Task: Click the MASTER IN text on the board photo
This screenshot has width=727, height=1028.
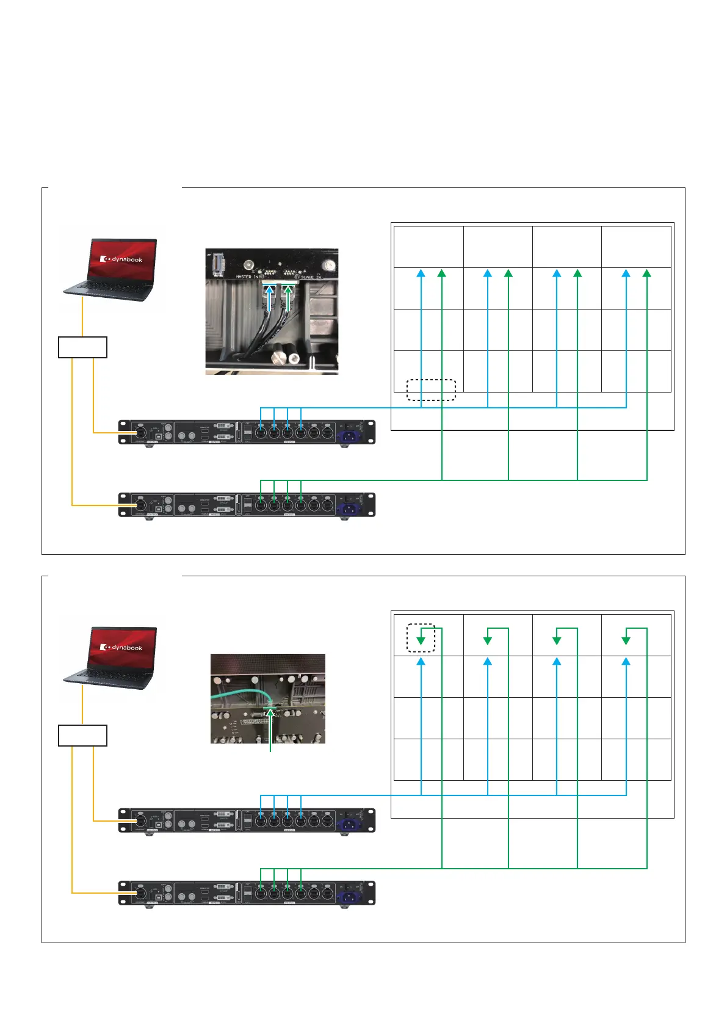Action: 247,277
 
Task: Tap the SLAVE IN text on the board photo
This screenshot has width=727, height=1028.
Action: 311,277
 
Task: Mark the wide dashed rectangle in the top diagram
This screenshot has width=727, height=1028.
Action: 431,390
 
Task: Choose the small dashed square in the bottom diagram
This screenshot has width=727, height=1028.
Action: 421,638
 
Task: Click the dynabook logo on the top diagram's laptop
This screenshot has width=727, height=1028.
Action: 122,259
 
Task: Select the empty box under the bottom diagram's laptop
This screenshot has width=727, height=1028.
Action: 82,735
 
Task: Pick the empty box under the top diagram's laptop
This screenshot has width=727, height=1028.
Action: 82,347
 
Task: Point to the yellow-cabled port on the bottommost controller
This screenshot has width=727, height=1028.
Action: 140,893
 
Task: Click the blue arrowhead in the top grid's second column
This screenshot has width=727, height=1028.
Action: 487,273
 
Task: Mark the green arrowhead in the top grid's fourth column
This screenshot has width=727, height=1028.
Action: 647,273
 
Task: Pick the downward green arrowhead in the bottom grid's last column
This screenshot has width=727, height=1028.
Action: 626,640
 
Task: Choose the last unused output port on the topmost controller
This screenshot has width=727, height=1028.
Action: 328,433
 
